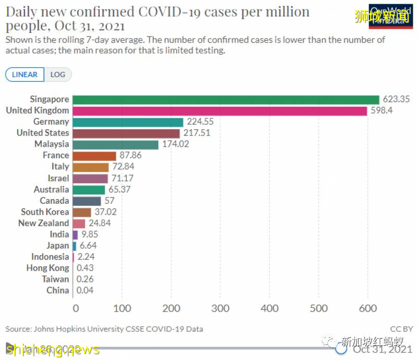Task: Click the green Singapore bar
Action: pos(225,100)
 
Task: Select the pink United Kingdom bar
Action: pos(219,110)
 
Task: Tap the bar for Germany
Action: pos(128,122)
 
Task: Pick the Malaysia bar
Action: pos(115,144)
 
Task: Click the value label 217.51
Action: pos(198,133)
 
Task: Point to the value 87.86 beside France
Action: pos(132,155)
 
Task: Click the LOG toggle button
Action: pos(58,75)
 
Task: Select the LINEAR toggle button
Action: pos(24,75)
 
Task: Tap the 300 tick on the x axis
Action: pos(220,308)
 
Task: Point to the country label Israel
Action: pos(58,178)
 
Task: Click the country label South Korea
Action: pos(45,212)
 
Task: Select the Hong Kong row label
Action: pos(47,268)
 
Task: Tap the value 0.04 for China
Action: pos(85,290)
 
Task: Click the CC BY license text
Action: pos(401,329)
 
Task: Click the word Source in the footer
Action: pos(17,329)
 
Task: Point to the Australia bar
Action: pos(89,189)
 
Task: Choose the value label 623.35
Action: pos(397,100)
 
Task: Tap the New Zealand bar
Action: pos(79,223)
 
